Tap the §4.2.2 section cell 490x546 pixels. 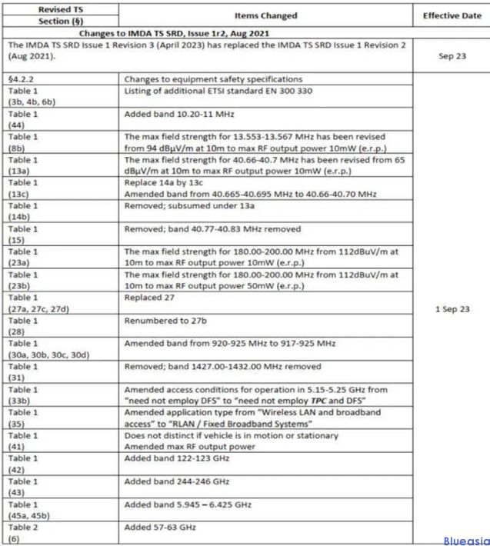[x=23, y=78]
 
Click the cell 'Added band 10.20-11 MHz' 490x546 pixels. [x=179, y=113]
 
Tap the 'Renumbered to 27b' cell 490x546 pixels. [x=167, y=320]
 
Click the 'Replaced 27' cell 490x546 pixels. [x=152, y=297]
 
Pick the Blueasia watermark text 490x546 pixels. [x=466, y=541]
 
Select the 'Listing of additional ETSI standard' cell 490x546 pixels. [x=219, y=92]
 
